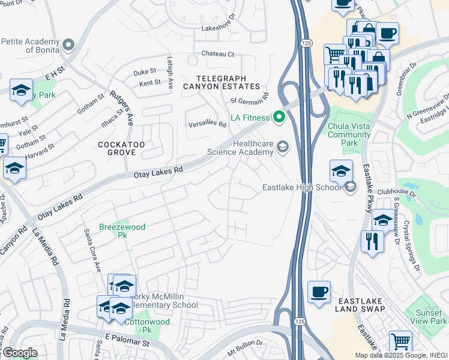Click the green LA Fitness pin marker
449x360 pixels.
(x=278, y=117)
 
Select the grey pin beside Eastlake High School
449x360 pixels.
(x=349, y=188)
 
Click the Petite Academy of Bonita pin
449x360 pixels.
(x=68, y=45)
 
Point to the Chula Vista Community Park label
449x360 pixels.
(x=349, y=135)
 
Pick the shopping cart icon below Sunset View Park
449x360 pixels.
(x=400, y=342)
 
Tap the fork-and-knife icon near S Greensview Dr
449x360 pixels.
(x=372, y=241)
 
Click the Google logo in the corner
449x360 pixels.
(x=20, y=353)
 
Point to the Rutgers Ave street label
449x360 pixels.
(x=120, y=108)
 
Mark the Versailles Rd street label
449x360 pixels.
(x=206, y=124)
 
